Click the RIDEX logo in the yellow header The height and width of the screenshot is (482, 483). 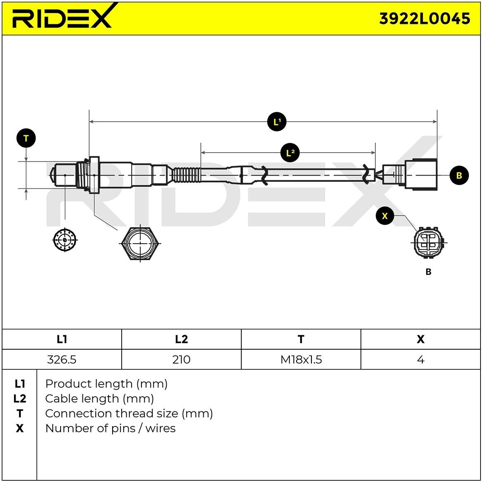pos(62,17)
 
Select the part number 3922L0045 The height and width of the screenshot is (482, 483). pos(424,19)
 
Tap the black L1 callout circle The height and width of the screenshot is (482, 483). pos(277,122)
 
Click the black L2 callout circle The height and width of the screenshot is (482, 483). pos(290,153)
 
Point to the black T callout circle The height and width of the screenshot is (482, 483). pos(26,139)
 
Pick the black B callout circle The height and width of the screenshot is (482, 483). pos(459,175)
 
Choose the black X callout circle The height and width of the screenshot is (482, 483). pos(385,216)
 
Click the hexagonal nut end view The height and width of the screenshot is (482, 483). pos(140,243)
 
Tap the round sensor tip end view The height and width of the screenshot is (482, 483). pos(65,240)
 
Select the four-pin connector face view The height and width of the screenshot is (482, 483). pos(429,242)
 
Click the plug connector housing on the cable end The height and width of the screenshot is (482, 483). pos(420,174)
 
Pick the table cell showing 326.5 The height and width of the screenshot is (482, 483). pos(62,360)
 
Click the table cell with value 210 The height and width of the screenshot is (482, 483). pos(181,360)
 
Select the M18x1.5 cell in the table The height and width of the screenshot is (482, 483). pos(301,360)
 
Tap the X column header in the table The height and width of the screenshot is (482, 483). pos(420,339)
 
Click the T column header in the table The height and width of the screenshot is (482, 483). pos(301,339)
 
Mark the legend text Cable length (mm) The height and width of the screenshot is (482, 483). pos(99,399)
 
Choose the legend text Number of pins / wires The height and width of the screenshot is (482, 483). pos(110,428)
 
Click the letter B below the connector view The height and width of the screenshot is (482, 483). pos(428,272)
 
